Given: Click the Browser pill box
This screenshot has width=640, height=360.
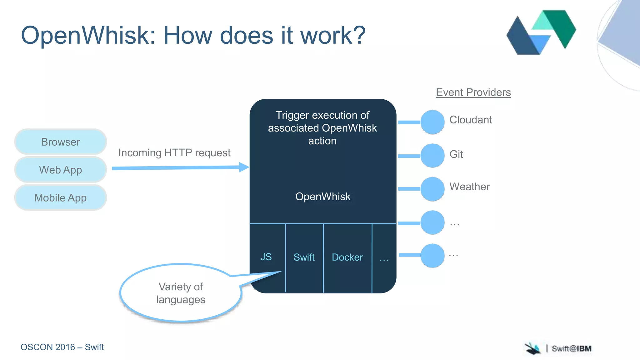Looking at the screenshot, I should [61, 142].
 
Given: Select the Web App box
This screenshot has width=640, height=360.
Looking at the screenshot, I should [61, 170].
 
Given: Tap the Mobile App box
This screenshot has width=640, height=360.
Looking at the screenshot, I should [61, 197].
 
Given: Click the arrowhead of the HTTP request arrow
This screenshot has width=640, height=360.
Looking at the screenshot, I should [244, 167].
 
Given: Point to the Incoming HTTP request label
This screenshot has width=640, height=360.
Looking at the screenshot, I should [174, 153].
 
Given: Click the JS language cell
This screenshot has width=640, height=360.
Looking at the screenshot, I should [266, 257].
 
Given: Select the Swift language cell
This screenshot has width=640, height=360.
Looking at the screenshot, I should [304, 257].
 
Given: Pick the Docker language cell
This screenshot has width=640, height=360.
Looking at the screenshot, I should [347, 257].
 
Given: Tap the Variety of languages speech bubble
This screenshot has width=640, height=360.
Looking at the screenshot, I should [181, 293].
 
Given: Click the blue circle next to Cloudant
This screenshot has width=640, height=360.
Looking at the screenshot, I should [432, 122].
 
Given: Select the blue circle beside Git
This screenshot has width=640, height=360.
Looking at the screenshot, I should [432, 156].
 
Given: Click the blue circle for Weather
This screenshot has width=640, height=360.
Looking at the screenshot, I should [432, 189].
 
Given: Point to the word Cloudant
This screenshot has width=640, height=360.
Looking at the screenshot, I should [471, 120].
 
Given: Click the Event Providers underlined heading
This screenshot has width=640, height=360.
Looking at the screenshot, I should [473, 92].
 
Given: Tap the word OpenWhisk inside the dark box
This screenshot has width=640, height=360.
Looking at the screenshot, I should [323, 197].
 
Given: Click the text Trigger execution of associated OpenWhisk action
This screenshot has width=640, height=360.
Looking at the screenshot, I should [322, 128].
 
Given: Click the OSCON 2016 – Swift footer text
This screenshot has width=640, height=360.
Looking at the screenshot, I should [62, 347].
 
